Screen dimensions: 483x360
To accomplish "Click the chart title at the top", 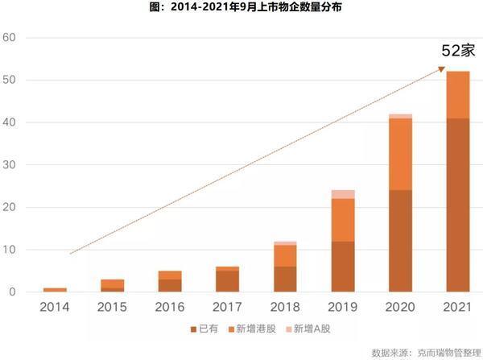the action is coord(246,6).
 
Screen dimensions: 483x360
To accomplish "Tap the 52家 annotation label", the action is coord(458,51).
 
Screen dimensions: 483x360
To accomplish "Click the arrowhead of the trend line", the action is coord(442,69).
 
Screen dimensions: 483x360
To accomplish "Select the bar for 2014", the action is coord(55,290).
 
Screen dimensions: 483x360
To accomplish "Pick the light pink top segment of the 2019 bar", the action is coord(343,194).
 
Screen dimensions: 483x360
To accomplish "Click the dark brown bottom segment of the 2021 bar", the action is coord(458,205).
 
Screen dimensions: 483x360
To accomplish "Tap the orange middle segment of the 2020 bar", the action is coord(400,154).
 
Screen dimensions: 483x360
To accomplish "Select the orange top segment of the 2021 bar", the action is coord(458,94).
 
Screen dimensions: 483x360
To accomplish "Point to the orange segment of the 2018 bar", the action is coord(285,256).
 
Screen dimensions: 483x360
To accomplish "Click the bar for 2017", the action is coord(227,279).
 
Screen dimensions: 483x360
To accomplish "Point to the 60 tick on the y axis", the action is coord(9,37).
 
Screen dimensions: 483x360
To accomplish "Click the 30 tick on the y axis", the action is coord(9,164).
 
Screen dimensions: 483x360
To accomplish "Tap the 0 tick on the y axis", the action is coord(12,292).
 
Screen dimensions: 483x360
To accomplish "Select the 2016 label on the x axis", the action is coord(170,307).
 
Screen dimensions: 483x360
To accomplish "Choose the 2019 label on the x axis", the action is coord(343,307).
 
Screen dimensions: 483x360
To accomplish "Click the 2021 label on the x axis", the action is coord(457,307).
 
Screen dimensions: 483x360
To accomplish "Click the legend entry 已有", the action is coord(204,329).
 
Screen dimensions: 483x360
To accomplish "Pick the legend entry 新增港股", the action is coord(252,329).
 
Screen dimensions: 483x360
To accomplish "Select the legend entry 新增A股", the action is coord(308,329).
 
